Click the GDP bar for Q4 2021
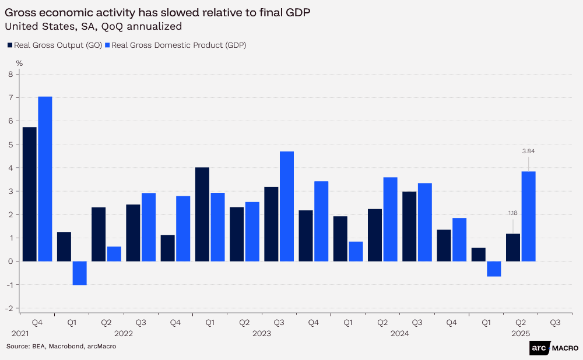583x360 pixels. [45, 179]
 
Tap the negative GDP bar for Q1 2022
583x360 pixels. [79, 273]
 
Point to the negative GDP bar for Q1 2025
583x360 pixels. [494, 269]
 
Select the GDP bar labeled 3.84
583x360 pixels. [528, 216]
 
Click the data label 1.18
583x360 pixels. [512, 213]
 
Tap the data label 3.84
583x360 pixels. [528, 151]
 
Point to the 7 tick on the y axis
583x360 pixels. [10, 98]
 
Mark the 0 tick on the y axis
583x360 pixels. [10, 262]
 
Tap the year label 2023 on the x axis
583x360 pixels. [262, 334]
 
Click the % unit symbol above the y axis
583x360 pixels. [19, 63]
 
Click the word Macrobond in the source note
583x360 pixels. [66, 347]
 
